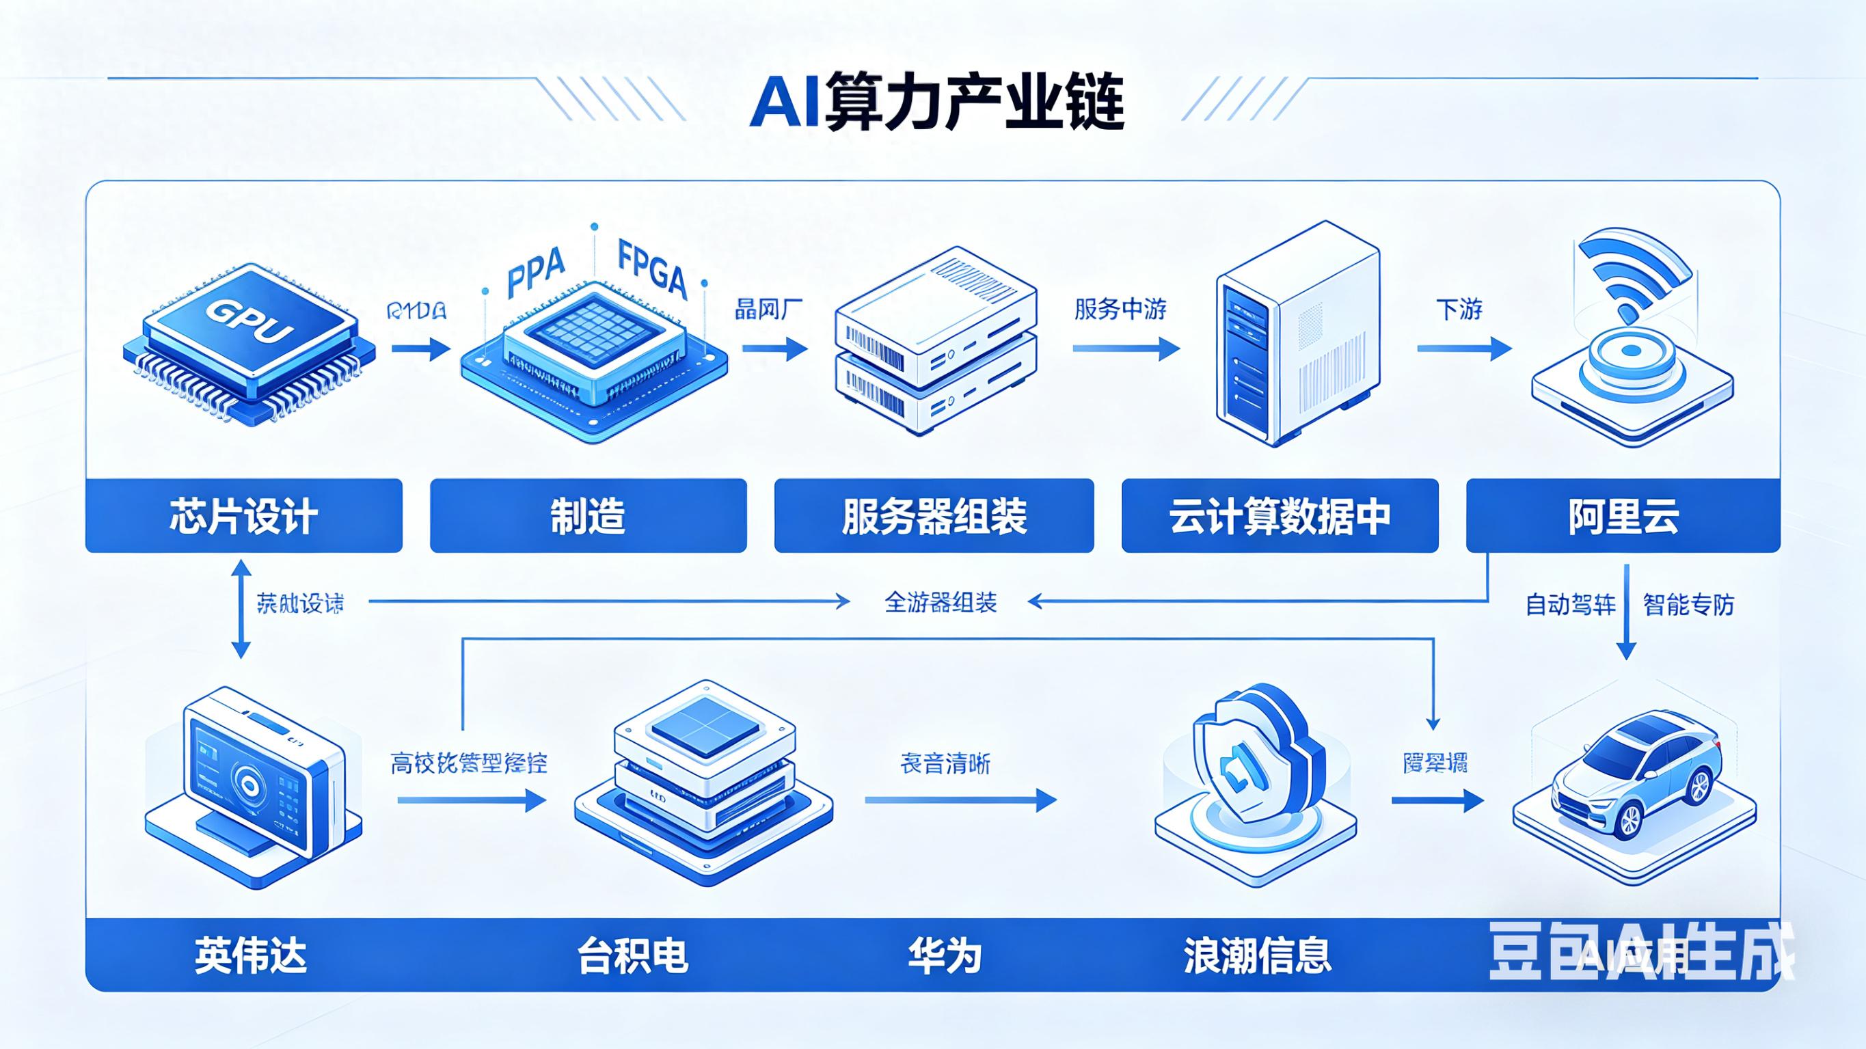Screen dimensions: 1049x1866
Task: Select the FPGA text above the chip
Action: [652, 270]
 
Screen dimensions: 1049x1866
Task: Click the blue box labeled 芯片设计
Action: [243, 516]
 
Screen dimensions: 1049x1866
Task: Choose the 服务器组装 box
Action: [934, 516]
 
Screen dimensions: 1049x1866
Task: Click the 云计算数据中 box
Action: [1280, 516]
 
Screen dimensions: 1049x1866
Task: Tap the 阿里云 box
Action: [1623, 516]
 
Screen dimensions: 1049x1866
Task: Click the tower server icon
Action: [1297, 333]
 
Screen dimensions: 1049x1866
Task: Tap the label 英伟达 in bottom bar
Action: [251, 955]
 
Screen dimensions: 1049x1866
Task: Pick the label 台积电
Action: [632, 955]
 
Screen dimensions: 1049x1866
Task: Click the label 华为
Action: [945, 955]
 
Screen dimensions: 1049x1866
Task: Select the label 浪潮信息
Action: [1258, 955]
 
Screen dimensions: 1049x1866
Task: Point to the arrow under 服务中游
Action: [1126, 349]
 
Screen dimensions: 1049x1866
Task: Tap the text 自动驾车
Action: [1571, 604]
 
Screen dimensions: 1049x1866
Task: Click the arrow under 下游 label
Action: [1463, 349]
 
